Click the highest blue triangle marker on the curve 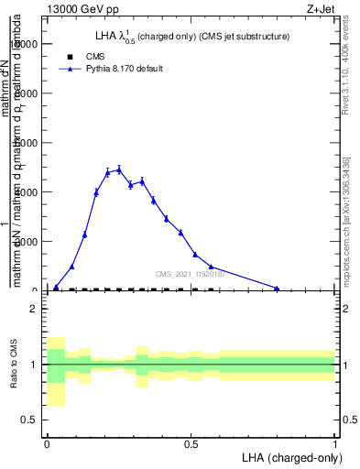click(x=119, y=169)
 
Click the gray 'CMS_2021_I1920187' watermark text click(x=193, y=274)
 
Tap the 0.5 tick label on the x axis click(x=191, y=443)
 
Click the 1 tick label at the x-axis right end click(x=334, y=443)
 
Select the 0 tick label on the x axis click(x=46, y=443)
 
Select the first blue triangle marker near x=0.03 click(x=56, y=288)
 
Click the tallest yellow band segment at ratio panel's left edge click(x=56, y=371)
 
